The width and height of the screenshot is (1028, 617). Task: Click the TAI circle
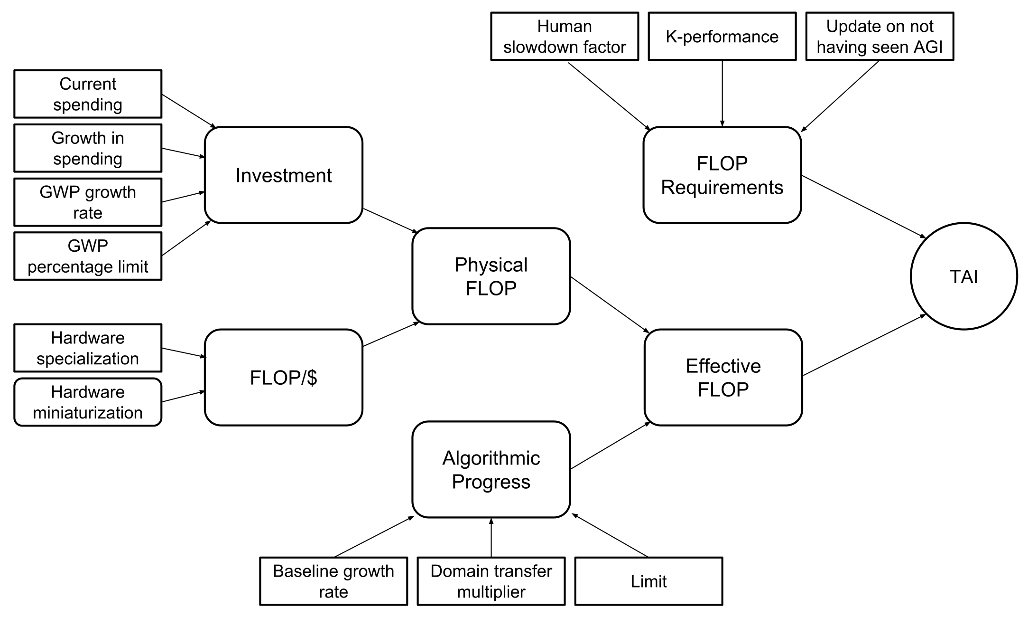coord(963,276)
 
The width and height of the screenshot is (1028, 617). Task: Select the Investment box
coord(283,175)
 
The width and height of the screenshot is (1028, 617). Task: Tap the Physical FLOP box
coord(491,276)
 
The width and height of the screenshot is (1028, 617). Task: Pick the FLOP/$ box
coord(283,378)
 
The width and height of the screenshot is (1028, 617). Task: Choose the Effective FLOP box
coord(723,378)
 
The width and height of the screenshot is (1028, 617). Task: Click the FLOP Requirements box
coord(722,175)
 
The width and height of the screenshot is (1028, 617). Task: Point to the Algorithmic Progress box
coord(491,469)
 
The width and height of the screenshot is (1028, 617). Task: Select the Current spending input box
coord(88,94)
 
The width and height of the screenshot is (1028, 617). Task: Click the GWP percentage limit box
coord(88,256)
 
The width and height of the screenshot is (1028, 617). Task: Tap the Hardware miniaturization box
coord(88,402)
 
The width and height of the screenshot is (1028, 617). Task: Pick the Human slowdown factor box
coord(565,37)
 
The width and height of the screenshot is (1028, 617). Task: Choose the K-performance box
coord(722,37)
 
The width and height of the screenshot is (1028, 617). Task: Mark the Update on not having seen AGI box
coord(880,37)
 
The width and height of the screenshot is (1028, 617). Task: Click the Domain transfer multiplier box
coord(491,581)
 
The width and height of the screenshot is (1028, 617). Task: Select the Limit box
coord(648,581)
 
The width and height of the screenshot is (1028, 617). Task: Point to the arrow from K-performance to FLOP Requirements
coord(722,94)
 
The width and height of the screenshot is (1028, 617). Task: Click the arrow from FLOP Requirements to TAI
coord(863,207)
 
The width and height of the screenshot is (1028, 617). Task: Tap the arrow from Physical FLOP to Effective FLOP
coord(609,304)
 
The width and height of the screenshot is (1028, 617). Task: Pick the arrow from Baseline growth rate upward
coord(374,537)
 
